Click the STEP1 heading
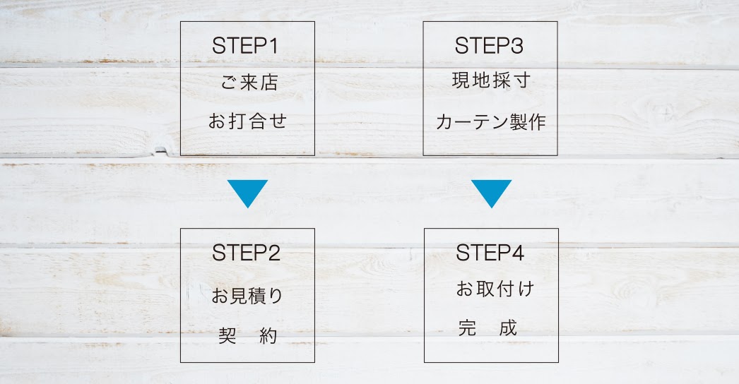[x=245, y=47]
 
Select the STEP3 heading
[x=489, y=47]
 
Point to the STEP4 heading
[x=490, y=253]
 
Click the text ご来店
[x=249, y=83]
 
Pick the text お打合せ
[x=247, y=121]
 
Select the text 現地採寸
[x=491, y=80]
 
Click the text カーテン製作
[x=491, y=122]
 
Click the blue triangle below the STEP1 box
[x=247, y=193]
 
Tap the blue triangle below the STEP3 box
[x=491, y=193]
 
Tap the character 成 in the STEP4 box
[x=507, y=328]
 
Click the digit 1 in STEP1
[x=273, y=47]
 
